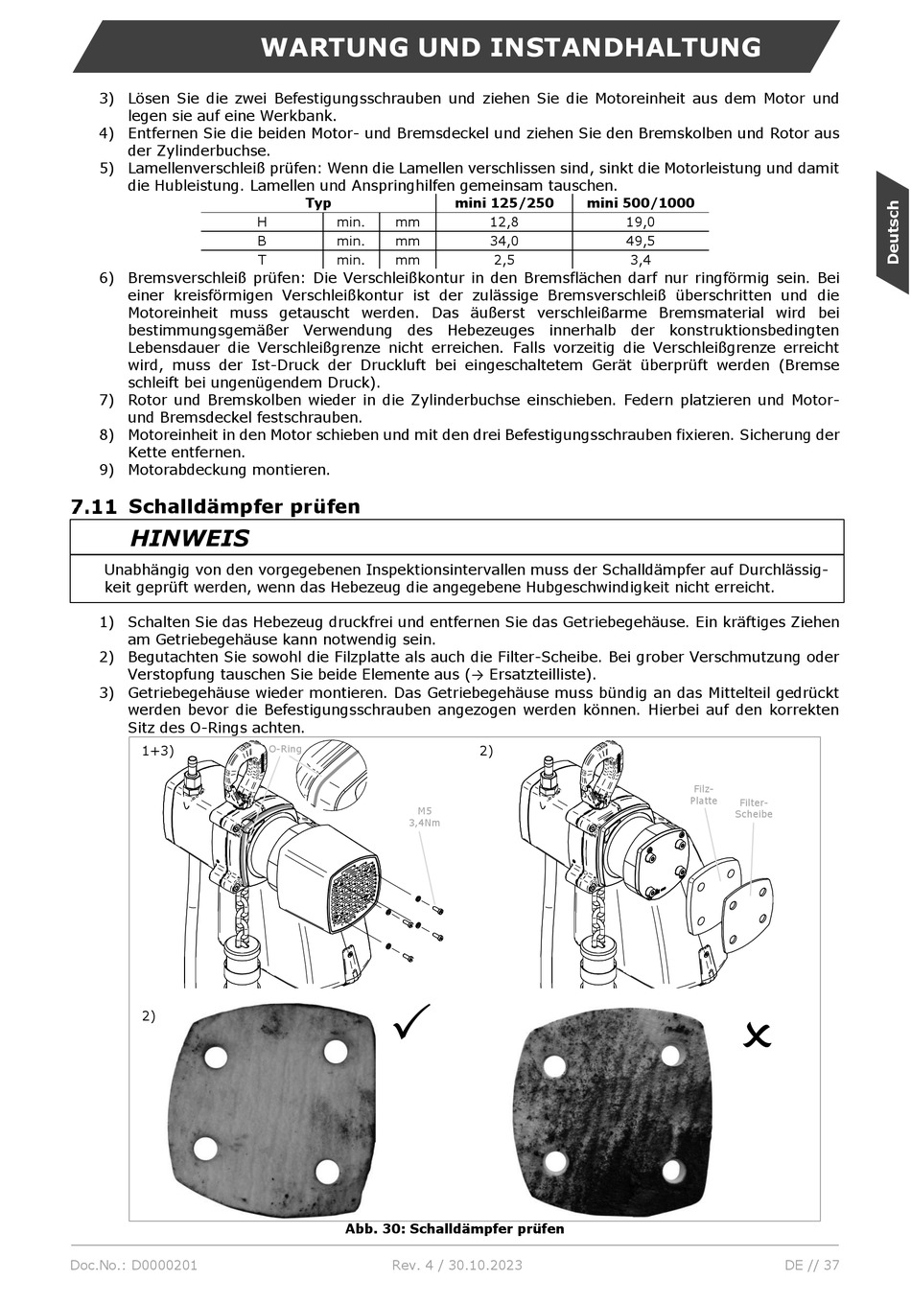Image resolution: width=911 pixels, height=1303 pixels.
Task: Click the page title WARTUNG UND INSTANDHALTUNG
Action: point(510,47)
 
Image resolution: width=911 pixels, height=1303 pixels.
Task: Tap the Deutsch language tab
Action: point(892,232)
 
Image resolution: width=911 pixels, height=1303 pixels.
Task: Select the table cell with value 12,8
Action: point(504,221)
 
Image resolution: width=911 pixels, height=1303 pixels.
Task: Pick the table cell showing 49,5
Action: point(641,241)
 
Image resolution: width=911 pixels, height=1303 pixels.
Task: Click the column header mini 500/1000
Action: point(641,202)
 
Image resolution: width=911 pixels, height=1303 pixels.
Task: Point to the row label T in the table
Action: point(262,260)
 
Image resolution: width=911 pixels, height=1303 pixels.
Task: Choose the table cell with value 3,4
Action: point(641,260)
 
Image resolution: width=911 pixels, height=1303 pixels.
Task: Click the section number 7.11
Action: point(93,506)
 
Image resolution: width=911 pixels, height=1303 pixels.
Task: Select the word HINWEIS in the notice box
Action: point(189,538)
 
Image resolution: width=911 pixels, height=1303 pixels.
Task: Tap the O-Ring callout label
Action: point(284,749)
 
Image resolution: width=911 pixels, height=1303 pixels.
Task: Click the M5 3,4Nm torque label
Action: point(424,816)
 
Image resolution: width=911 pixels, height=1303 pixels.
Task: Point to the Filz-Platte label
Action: point(703,795)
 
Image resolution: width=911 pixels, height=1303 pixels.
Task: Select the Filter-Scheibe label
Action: point(754,808)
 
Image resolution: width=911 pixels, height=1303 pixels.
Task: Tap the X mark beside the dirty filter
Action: point(757,1035)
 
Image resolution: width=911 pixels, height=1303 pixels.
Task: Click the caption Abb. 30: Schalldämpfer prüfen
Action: point(455,1228)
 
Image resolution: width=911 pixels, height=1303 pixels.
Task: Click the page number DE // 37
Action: point(811,1265)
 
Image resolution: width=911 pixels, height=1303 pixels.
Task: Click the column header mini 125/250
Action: point(504,202)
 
